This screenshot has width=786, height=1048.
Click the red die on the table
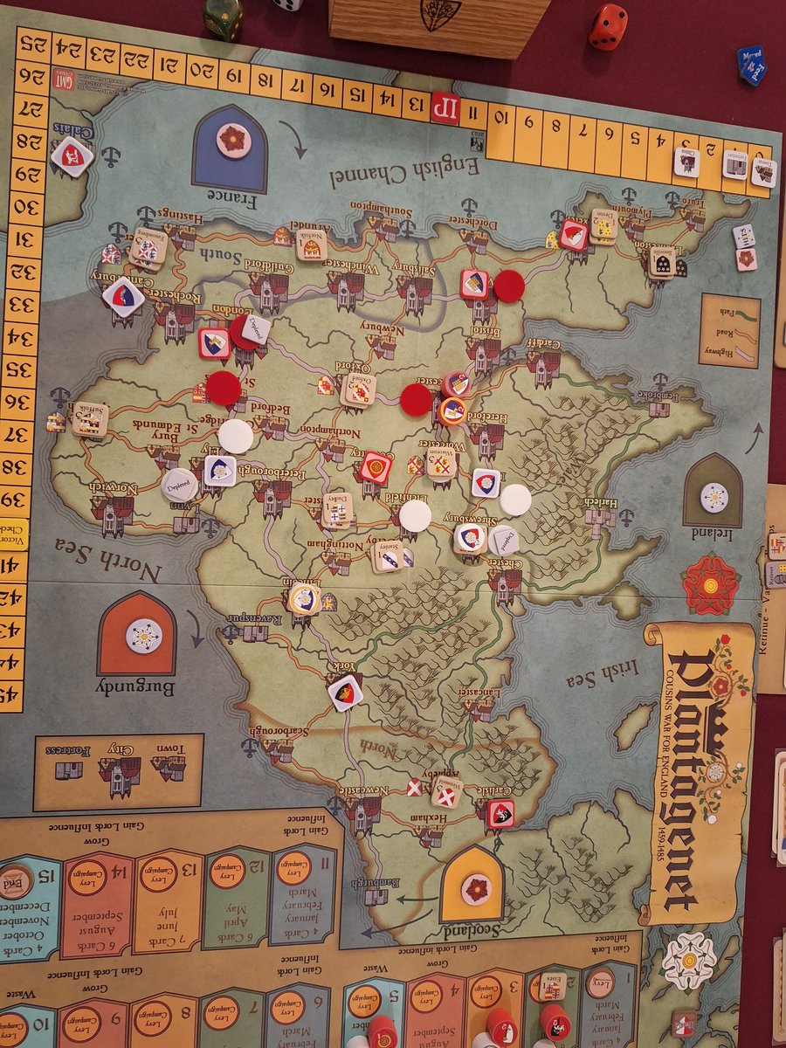(608, 27)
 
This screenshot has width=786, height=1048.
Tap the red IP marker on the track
(445, 107)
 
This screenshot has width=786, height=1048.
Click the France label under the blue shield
(230, 202)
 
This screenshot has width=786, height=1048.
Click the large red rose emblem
(710, 583)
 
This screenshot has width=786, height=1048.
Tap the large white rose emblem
(688, 961)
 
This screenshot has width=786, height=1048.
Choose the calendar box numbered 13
(168, 900)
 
